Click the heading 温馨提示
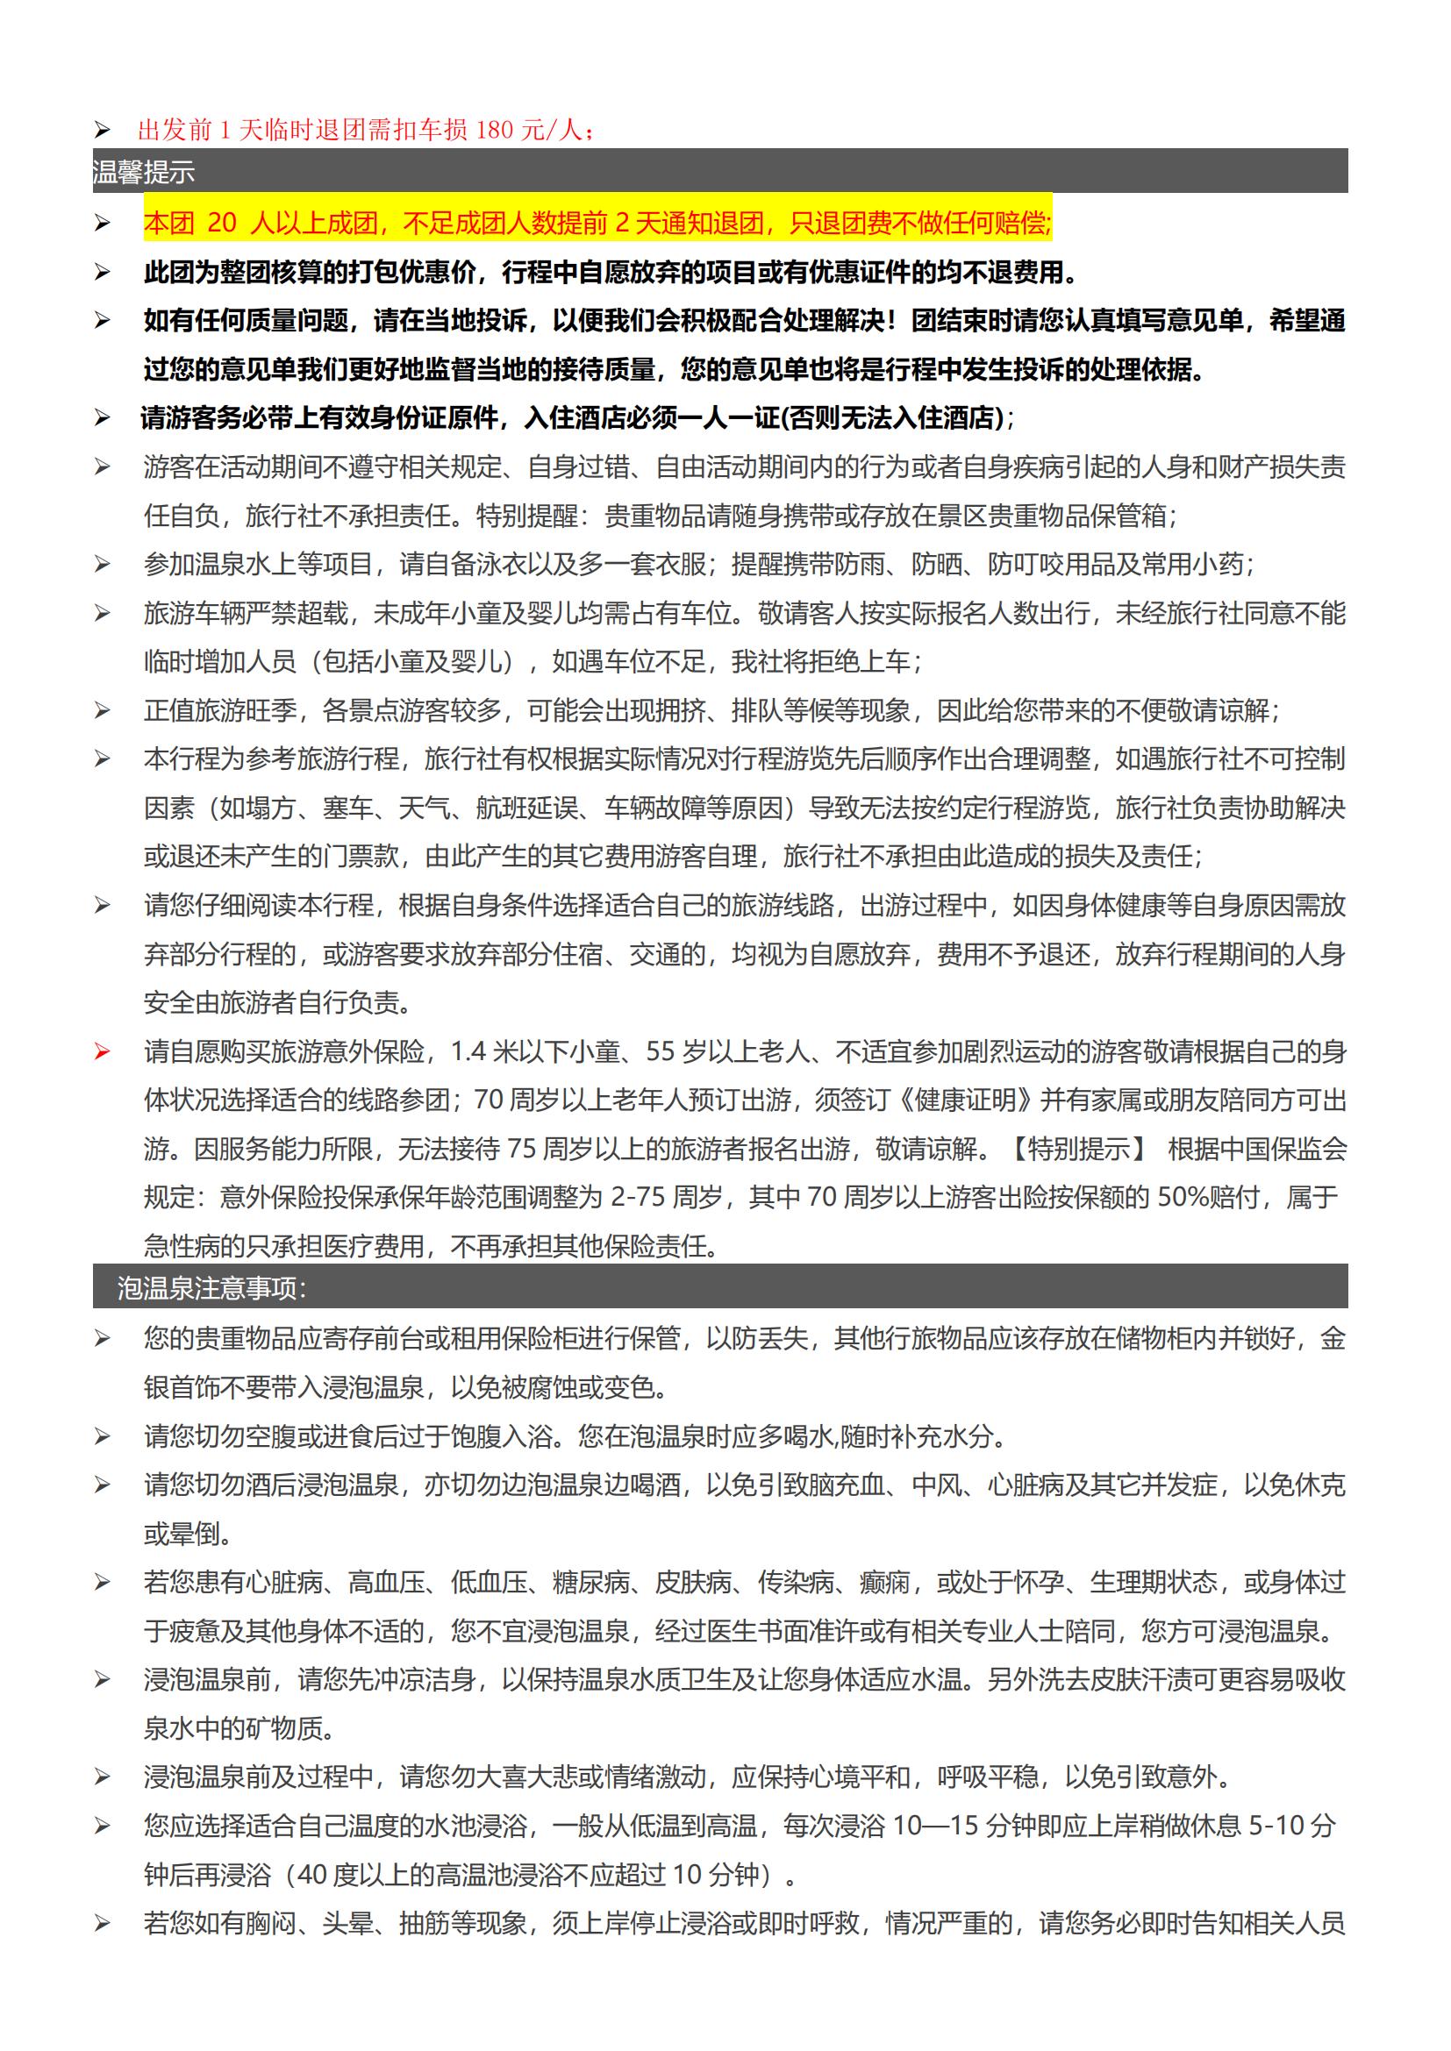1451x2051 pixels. [143, 172]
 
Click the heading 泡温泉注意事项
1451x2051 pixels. [211, 1287]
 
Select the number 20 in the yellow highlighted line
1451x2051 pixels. [222, 223]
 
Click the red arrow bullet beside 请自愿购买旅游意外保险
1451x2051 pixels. [102, 1052]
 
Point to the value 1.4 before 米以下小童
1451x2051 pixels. [468, 1052]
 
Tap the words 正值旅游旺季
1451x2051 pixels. [220, 710]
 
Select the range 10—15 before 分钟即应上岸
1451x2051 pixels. [935, 1825]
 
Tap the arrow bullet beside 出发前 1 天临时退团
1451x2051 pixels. [102, 131]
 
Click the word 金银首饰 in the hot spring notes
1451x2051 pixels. [1333, 1338]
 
